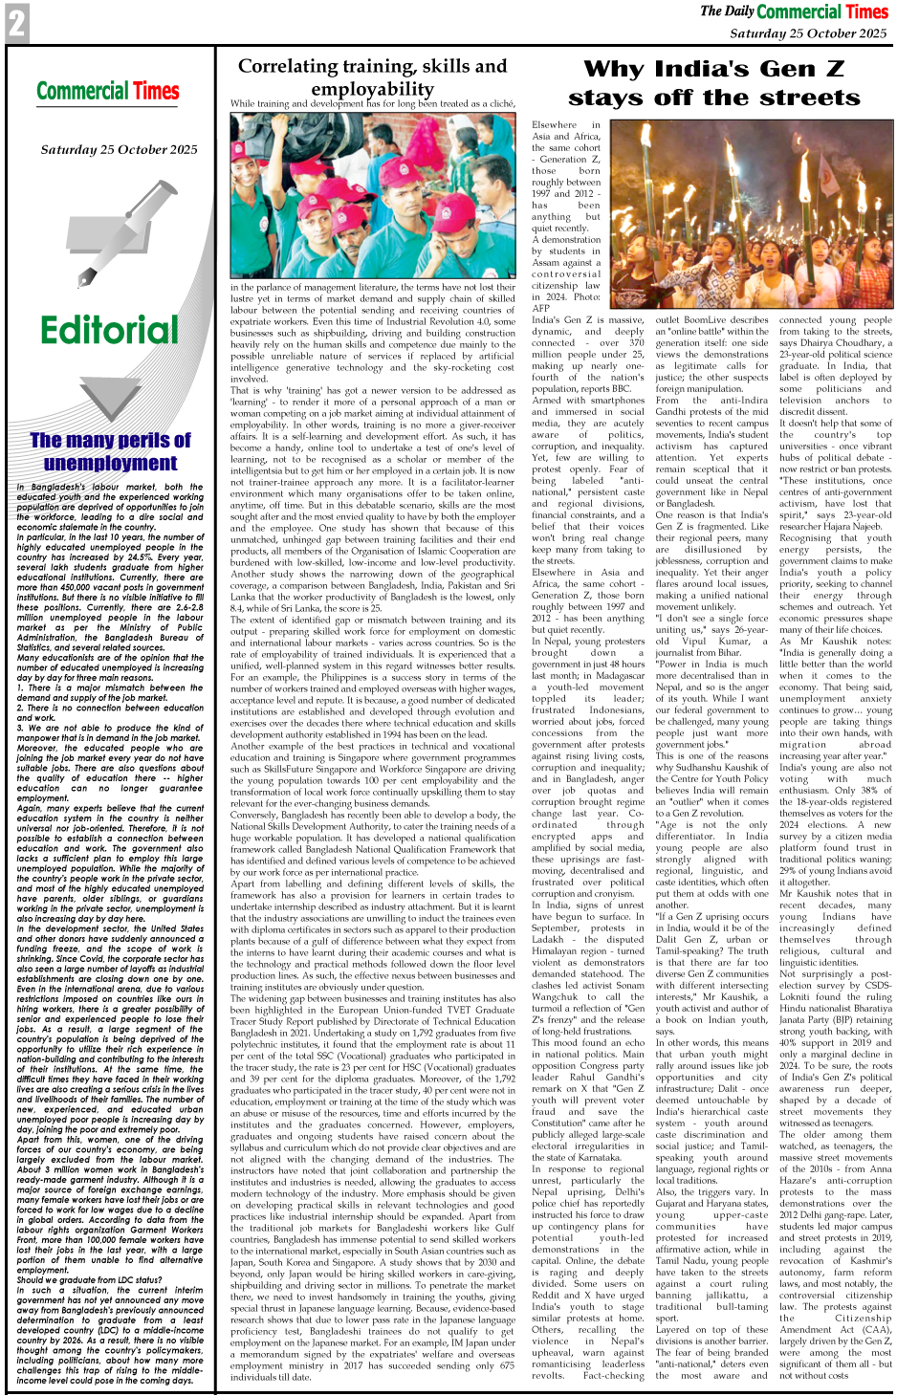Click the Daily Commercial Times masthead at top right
(794, 12)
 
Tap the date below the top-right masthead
(808, 33)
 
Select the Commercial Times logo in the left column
(108, 92)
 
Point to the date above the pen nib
(119, 150)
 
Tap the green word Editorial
(109, 331)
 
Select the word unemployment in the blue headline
(110, 463)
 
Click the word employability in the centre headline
(372, 89)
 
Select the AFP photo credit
(542, 308)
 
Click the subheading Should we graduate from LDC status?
(89, 1280)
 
